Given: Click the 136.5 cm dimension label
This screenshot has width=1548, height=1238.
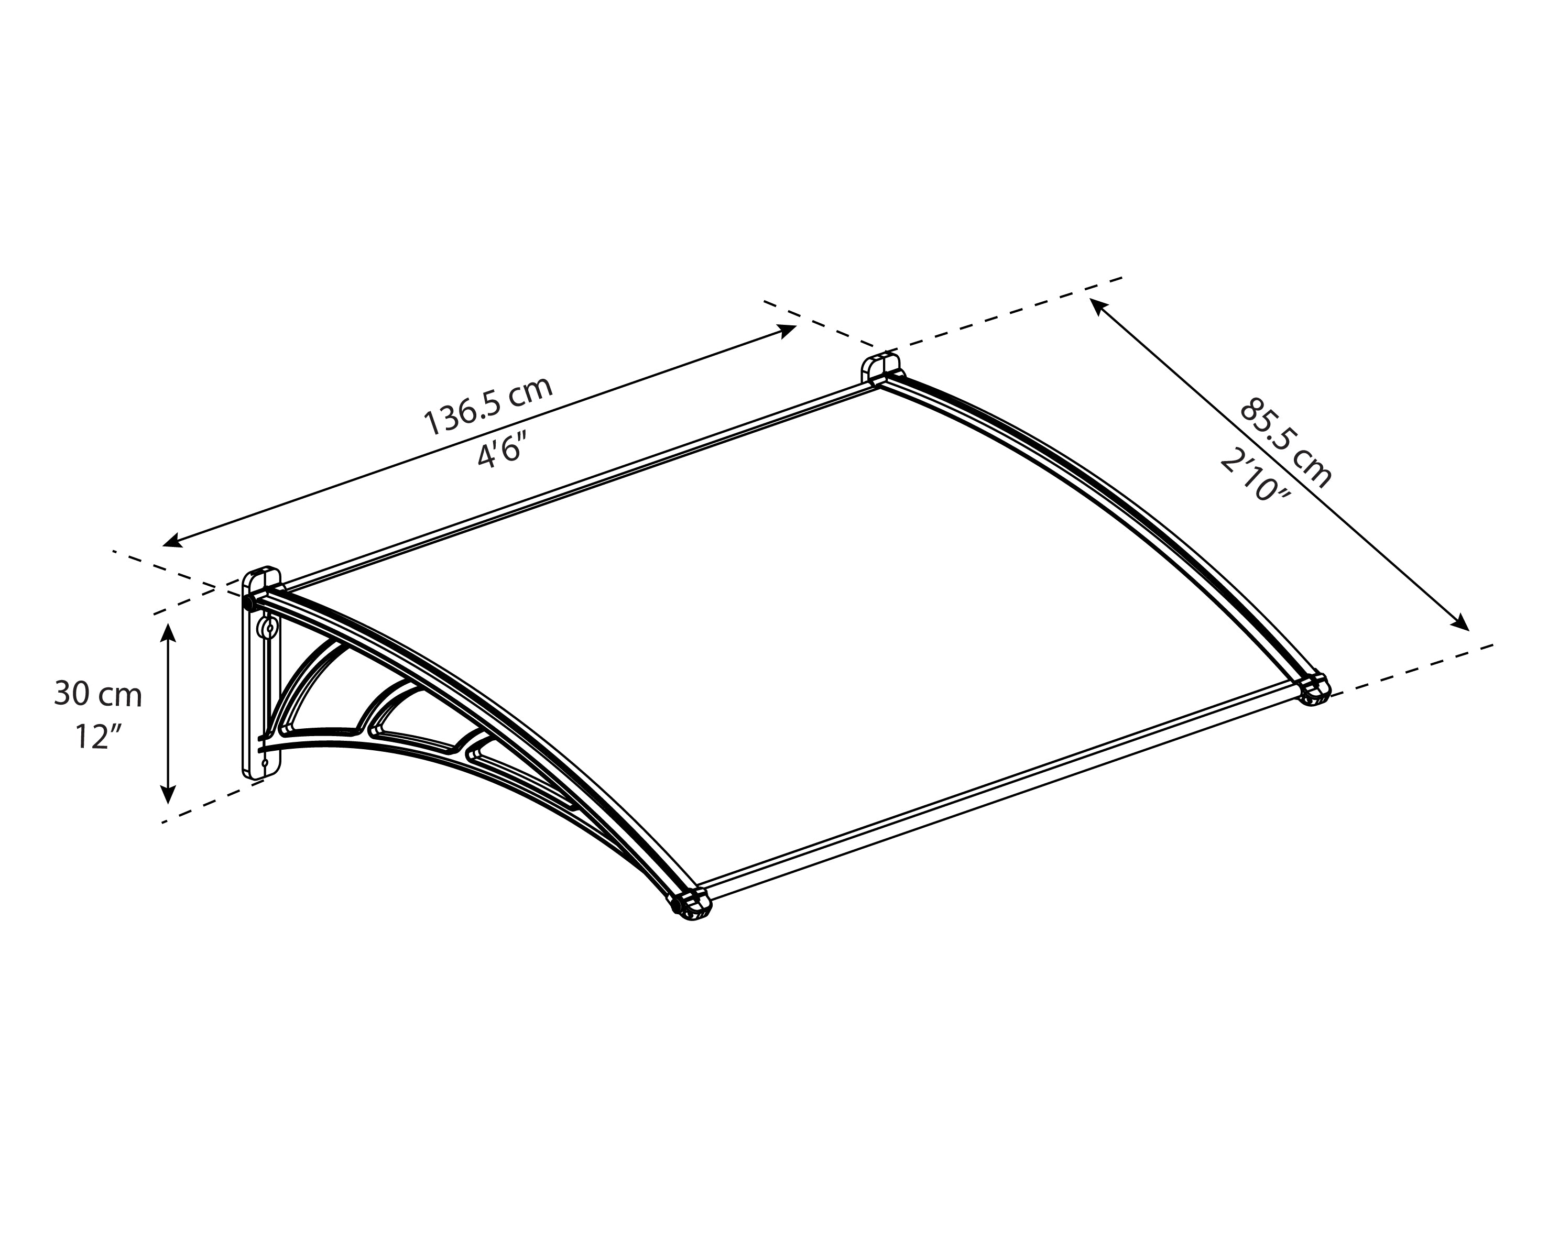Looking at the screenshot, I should point(488,406).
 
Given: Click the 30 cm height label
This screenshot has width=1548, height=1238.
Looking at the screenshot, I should point(99,694).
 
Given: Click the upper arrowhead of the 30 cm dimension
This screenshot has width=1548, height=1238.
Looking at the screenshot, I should point(168,631).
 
